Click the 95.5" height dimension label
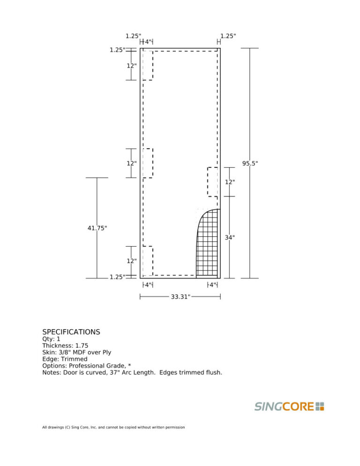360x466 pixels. [250, 164]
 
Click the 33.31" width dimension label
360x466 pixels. [180, 297]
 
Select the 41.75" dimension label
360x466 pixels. [97, 228]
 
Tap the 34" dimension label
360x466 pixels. [230, 238]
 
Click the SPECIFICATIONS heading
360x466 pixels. [71, 332]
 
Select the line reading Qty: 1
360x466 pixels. [51, 339]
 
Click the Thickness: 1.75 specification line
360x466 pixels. [65, 346]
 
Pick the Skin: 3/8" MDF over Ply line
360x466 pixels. [76, 352]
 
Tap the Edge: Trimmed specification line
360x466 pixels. [65, 359]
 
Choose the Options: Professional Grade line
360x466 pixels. [86, 366]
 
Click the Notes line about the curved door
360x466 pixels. [132, 373]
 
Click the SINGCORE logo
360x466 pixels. [289, 406]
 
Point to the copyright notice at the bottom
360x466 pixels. [113, 427]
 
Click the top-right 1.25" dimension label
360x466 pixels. [228, 36]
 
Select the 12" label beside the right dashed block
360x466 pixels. [230, 182]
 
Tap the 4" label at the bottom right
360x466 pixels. [213, 285]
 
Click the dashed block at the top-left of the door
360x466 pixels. [148, 65]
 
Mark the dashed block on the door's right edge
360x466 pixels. [213, 182]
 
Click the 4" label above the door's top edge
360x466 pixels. [148, 42]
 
